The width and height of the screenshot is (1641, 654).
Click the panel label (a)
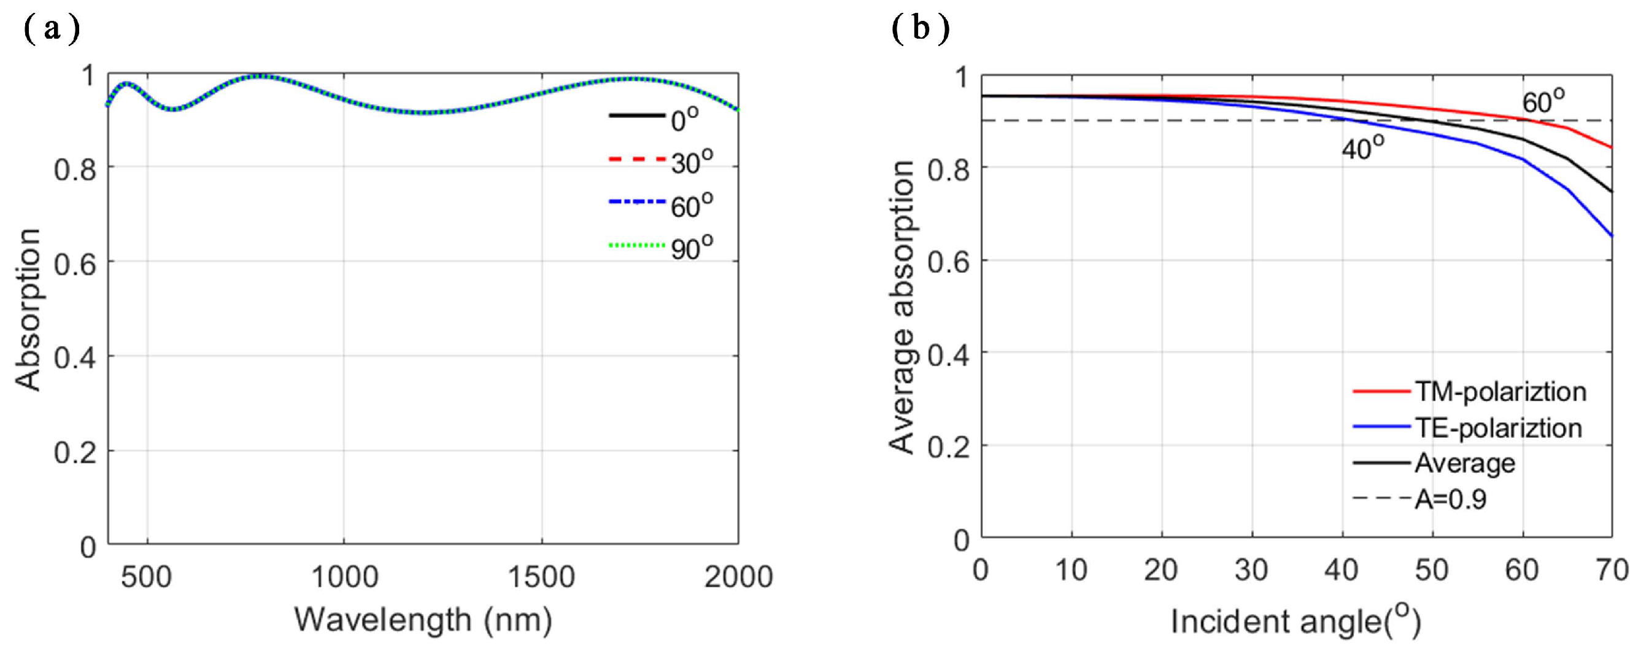[52, 29]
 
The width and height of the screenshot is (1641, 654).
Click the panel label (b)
[921, 29]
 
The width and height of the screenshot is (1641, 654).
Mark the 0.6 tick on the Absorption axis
[74, 263]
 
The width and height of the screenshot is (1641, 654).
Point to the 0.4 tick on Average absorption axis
[948, 355]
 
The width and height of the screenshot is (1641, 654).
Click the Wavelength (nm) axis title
[423, 620]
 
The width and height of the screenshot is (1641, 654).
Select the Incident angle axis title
[1296, 621]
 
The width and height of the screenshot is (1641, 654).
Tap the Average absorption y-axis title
[902, 307]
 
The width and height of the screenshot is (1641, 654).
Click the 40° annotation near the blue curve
[1362, 148]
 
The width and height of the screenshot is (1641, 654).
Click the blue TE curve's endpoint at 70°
[1611, 236]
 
